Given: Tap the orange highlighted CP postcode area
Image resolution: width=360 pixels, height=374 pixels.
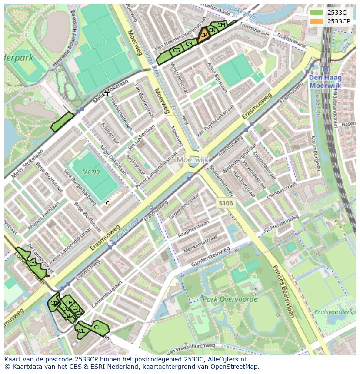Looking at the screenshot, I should click(203, 35).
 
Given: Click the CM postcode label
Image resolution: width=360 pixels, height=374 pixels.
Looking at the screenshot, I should click(221, 25).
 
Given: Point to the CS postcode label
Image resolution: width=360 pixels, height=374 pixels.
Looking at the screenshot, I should click(176, 50).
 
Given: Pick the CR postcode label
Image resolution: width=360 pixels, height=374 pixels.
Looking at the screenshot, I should click(189, 44).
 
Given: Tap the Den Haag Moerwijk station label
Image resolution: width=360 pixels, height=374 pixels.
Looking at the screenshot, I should click(325, 82).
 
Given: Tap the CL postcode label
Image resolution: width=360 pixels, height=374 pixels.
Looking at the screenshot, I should click(97, 327).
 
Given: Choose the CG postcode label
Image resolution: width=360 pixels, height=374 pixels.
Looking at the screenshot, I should click(33, 264).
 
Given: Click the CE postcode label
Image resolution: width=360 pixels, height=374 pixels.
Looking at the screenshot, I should click(82, 331).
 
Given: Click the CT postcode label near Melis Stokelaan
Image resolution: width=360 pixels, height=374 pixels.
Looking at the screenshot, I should click(106, 94).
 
